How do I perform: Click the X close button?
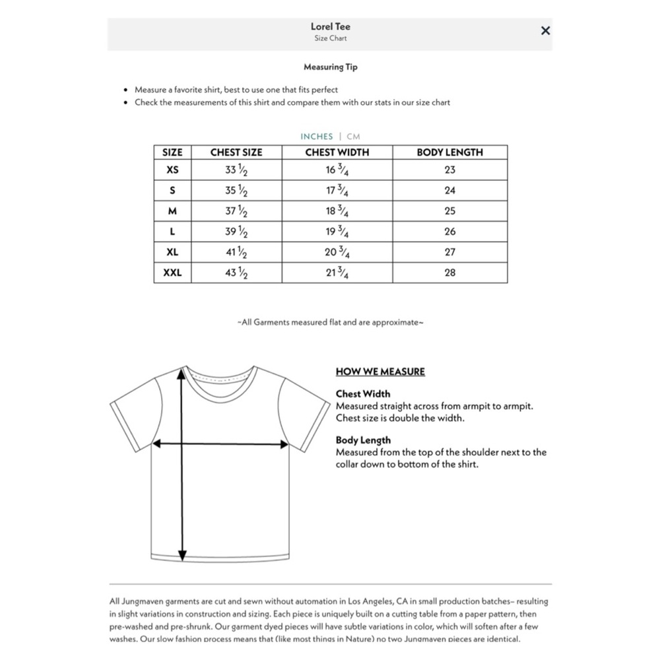(x=545, y=30)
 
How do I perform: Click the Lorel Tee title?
(x=331, y=26)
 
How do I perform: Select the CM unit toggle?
(x=353, y=137)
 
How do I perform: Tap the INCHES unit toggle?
(x=317, y=137)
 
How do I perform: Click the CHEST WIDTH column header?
(x=337, y=152)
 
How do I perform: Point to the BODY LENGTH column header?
(x=449, y=152)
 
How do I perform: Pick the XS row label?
(x=172, y=170)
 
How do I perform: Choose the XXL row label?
(x=172, y=273)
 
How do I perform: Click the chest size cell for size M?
(x=236, y=211)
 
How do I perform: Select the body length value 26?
(x=449, y=232)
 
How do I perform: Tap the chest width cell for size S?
(x=337, y=191)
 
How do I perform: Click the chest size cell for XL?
(x=236, y=252)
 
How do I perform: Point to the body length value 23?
(x=449, y=170)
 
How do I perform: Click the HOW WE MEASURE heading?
(x=380, y=372)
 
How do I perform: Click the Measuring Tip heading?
(x=331, y=67)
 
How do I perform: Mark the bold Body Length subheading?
(x=363, y=440)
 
